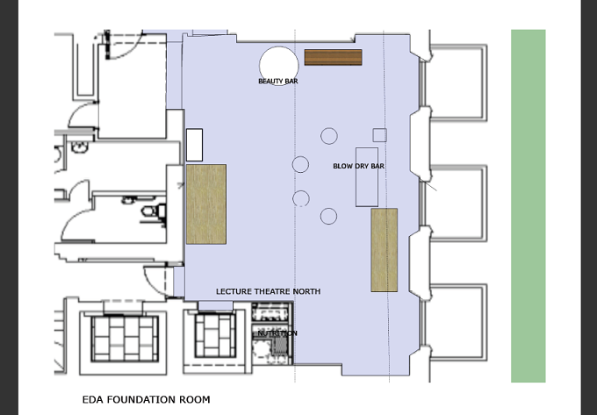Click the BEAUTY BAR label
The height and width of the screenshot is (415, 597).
coord(278,81)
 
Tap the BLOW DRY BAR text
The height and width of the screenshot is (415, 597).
coord(358,166)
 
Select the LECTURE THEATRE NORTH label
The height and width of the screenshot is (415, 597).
coord(268,291)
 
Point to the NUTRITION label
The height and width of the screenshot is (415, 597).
coord(277,333)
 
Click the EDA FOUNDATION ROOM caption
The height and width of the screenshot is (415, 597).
coord(147,399)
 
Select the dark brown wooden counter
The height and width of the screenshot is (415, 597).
coord(333,57)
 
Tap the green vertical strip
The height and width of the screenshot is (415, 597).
coord(529,206)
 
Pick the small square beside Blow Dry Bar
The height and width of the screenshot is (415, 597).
coord(379,135)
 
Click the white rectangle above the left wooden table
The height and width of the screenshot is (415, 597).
coord(194,145)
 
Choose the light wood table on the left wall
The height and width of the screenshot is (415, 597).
coord(206,204)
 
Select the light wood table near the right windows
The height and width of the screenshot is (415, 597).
coord(385,250)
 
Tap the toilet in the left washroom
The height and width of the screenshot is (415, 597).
coord(155,211)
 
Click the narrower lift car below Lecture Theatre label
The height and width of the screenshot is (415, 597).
coord(215,336)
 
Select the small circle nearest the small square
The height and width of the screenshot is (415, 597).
coord(329,136)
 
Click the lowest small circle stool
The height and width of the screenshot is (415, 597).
coord(328,216)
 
